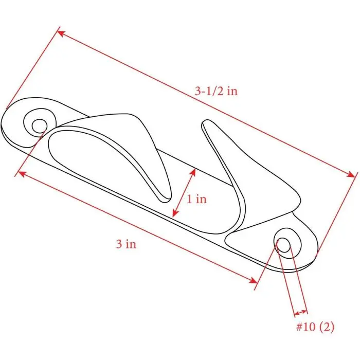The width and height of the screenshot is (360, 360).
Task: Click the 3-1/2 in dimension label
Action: point(216,92)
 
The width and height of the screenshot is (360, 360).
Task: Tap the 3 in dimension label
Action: point(126,244)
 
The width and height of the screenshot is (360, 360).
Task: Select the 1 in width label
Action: point(196,199)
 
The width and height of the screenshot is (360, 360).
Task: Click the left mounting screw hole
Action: point(39,125)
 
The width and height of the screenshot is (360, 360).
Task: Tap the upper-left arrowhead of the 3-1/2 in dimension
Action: point(60,33)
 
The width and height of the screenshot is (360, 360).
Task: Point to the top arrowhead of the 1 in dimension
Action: point(194,172)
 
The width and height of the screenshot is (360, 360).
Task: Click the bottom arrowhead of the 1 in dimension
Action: point(175,213)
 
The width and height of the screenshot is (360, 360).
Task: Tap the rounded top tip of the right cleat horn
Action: point(206,123)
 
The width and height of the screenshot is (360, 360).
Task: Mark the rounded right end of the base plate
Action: point(316,252)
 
